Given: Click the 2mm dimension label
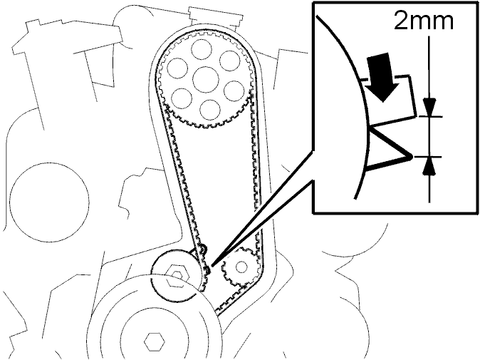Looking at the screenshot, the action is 423,21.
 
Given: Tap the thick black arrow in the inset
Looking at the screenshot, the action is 382,76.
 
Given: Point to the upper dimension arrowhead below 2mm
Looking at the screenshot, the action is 430,107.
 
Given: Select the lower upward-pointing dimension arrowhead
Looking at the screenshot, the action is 430,165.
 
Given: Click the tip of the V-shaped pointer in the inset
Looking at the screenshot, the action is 412,157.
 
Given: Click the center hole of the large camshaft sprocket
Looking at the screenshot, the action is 206,80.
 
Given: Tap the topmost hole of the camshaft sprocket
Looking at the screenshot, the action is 202,50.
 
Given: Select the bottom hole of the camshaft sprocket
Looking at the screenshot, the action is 210,110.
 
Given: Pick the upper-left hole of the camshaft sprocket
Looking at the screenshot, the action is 177,68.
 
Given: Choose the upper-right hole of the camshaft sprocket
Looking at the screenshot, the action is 230,61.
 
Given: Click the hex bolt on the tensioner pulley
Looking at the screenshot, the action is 175,275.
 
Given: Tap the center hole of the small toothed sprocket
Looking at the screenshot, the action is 241,267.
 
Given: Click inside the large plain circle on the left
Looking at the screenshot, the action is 50,202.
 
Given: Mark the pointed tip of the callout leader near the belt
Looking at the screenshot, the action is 212,265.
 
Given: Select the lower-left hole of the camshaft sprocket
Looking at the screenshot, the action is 182,98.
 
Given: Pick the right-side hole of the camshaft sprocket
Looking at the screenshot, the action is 235,91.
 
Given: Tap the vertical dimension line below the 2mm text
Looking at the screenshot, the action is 430,120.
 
